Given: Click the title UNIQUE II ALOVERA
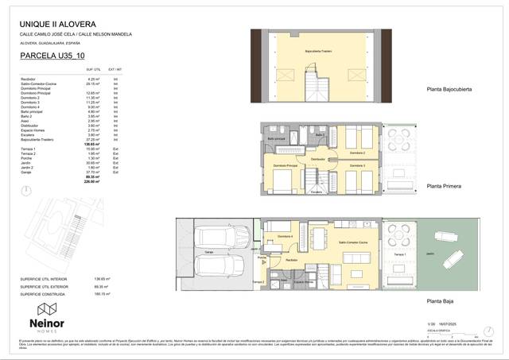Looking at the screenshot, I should (53, 24).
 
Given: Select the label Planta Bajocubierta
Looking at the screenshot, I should (449, 90).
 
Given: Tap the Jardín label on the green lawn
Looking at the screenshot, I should (429, 254).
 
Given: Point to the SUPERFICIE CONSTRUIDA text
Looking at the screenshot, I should (45, 293).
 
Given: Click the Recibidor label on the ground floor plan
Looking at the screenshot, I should (291, 260).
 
